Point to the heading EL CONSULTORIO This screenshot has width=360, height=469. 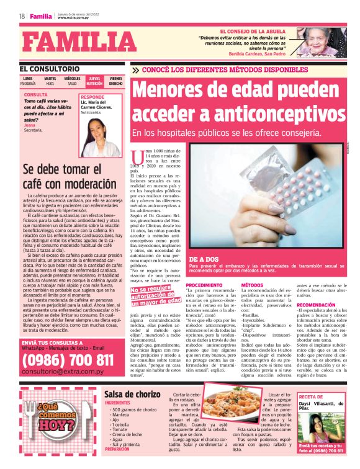[x=49, y=68]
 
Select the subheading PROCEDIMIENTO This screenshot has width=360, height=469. [x=204, y=285]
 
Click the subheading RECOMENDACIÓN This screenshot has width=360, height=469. [x=317, y=305]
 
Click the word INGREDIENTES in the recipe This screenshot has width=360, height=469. [x=117, y=403]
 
